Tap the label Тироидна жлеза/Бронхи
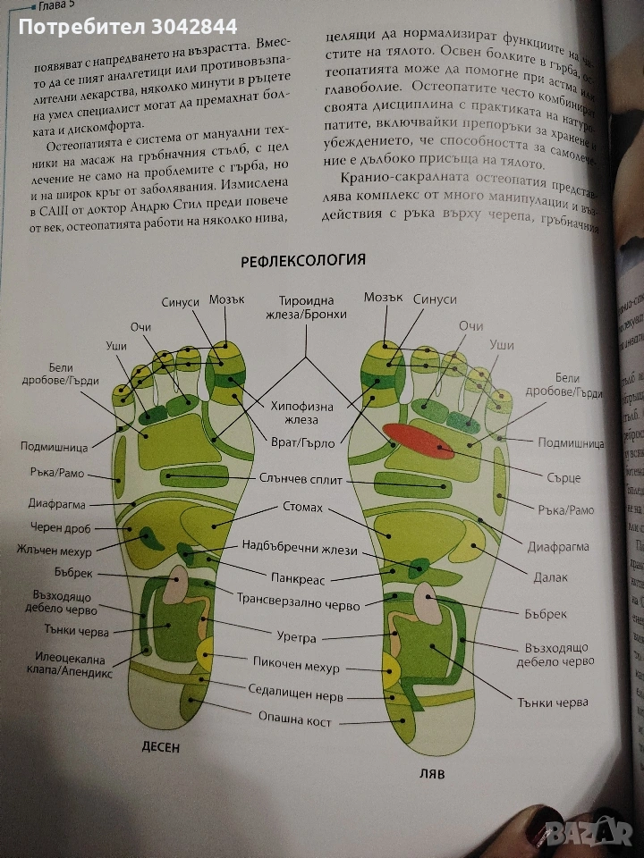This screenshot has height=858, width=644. [307, 310]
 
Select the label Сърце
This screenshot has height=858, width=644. [561, 478]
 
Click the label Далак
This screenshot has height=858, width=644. [547, 578]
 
